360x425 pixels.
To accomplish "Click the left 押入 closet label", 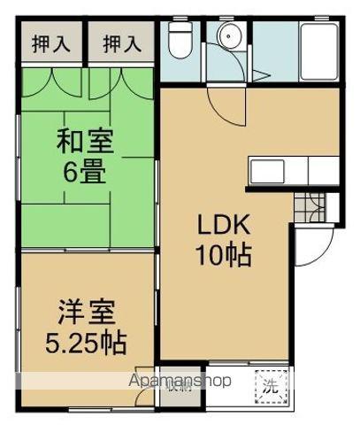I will [x=51, y=42].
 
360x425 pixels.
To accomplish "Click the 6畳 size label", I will [x=86, y=170].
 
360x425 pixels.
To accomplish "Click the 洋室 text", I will [x=86, y=312].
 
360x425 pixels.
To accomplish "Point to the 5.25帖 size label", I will [x=86, y=342].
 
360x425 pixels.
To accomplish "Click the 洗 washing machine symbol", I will [x=269, y=384].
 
